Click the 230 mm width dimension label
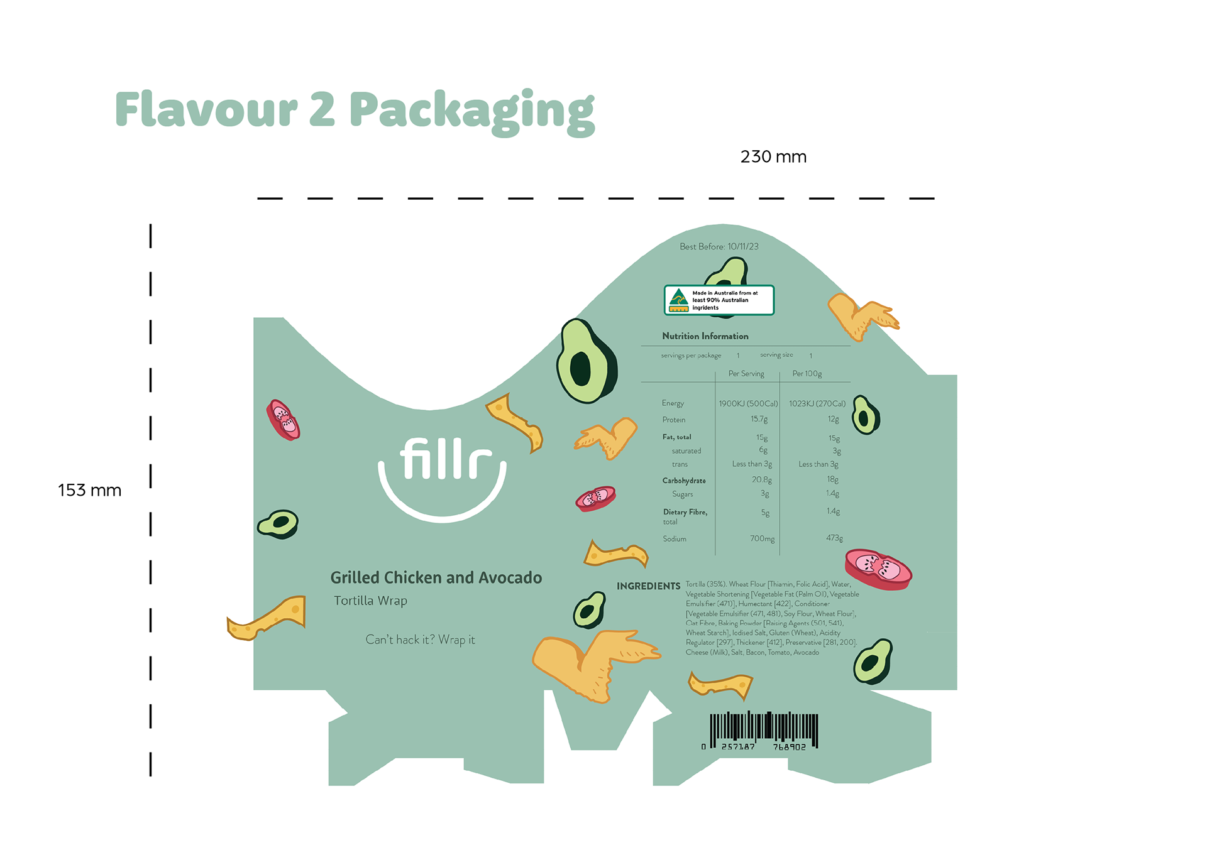pos(773,156)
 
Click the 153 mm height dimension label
pos(89,490)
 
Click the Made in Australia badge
pos(719,300)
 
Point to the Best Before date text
pos(719,246)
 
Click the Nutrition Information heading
pos(705,336)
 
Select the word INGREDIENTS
pos(648,586)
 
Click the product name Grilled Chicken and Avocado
pos(436,577)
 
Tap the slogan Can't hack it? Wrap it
pos(420,640)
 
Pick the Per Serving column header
pos(746,374)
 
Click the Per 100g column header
pos(807,374)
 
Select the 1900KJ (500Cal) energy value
pos(748,403)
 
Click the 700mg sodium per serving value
pos(762,538)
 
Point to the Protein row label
pos(673,420)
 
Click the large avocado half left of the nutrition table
pos(585,362)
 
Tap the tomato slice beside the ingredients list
pos(878,569)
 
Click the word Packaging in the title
pos(471,111)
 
